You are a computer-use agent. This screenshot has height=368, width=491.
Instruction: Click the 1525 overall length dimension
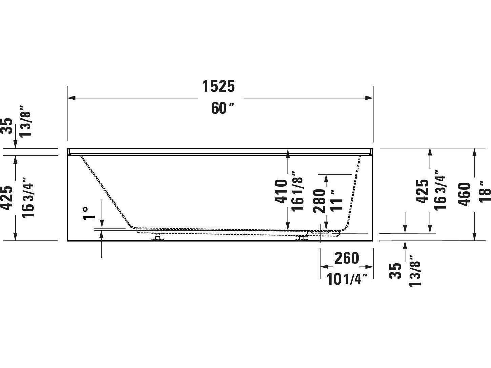[x=219, y=86]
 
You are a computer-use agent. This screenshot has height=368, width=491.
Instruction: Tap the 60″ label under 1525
[x=223, y=108]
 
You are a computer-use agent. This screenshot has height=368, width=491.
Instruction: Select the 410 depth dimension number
[x=281, y=192]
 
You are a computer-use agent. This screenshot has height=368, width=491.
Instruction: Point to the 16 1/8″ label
[x=297, y=192]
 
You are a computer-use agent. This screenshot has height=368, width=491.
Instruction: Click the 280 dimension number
[x=320, y=200]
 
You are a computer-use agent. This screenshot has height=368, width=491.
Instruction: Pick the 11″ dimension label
[x=336, y=200]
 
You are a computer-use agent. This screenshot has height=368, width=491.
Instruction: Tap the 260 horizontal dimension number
[x=346, y=259]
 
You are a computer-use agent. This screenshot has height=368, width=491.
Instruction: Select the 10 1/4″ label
[x=347, y=280]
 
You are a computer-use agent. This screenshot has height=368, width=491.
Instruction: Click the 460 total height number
[x=465, y=194]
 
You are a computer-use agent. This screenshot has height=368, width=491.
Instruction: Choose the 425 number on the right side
[x=422, y=192]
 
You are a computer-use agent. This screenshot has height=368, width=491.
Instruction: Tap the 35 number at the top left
[x=7, y=126]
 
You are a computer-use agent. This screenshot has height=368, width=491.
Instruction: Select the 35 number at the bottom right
[x=395, y=271]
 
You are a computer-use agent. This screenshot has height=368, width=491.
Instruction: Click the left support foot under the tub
[x=157, y=238]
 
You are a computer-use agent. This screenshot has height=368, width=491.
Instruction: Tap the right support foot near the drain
[x=301, y=238]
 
